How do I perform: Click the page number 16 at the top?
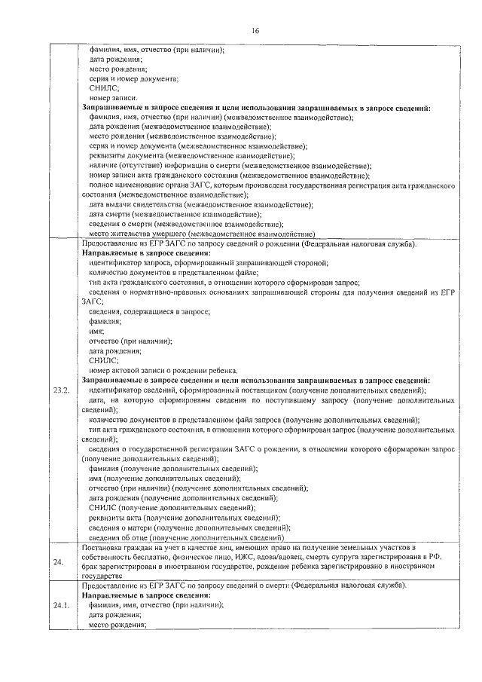pyautogui.click(x=255, y=30)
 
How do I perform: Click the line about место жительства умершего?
pyautogui.click(x=201, y=234)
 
